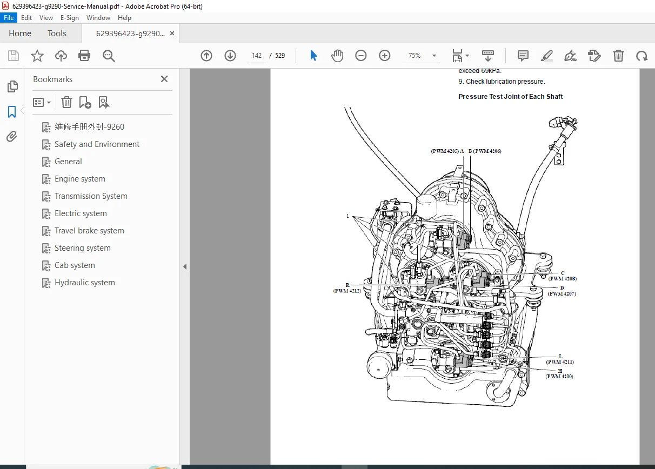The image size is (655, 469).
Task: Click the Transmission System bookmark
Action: point(91,196)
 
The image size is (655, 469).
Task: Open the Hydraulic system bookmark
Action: point(84,283)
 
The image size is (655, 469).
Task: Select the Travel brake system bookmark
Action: point(89,231)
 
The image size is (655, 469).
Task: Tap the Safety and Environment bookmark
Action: point(97,144)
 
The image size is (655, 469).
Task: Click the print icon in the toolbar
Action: point(84,56)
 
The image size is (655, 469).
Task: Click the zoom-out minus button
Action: point(361,56)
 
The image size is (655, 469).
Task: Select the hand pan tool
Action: point(337,56)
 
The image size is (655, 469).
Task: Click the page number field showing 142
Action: point(257,56)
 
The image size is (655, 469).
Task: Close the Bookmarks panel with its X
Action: point(164,79)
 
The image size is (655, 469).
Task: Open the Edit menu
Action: point(26,18)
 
